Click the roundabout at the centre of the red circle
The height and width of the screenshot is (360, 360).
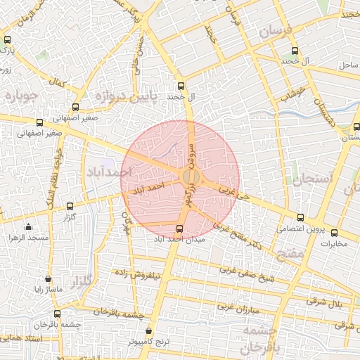pyautogui.click(x=191, y=177)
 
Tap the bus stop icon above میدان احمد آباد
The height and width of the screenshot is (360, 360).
pyautogui.click(x=179, y=229)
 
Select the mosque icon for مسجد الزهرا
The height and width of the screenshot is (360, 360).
pyautogui.click(x=28, y=226)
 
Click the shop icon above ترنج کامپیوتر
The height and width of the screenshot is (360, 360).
pyautogui.click(x=148, y=330)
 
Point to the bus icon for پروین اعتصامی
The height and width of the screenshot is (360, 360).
pyautogui.click(x=301, y=217)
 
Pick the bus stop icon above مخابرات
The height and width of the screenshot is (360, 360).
pyautogui.click(x=334, y=233)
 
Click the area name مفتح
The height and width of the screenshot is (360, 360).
pyautogui.click(x=289, y=253)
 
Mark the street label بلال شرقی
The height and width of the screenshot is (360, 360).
pyautogui.click(x=324, y=302)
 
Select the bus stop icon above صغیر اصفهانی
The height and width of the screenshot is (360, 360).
pyautogui.click(x=75, y=107)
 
